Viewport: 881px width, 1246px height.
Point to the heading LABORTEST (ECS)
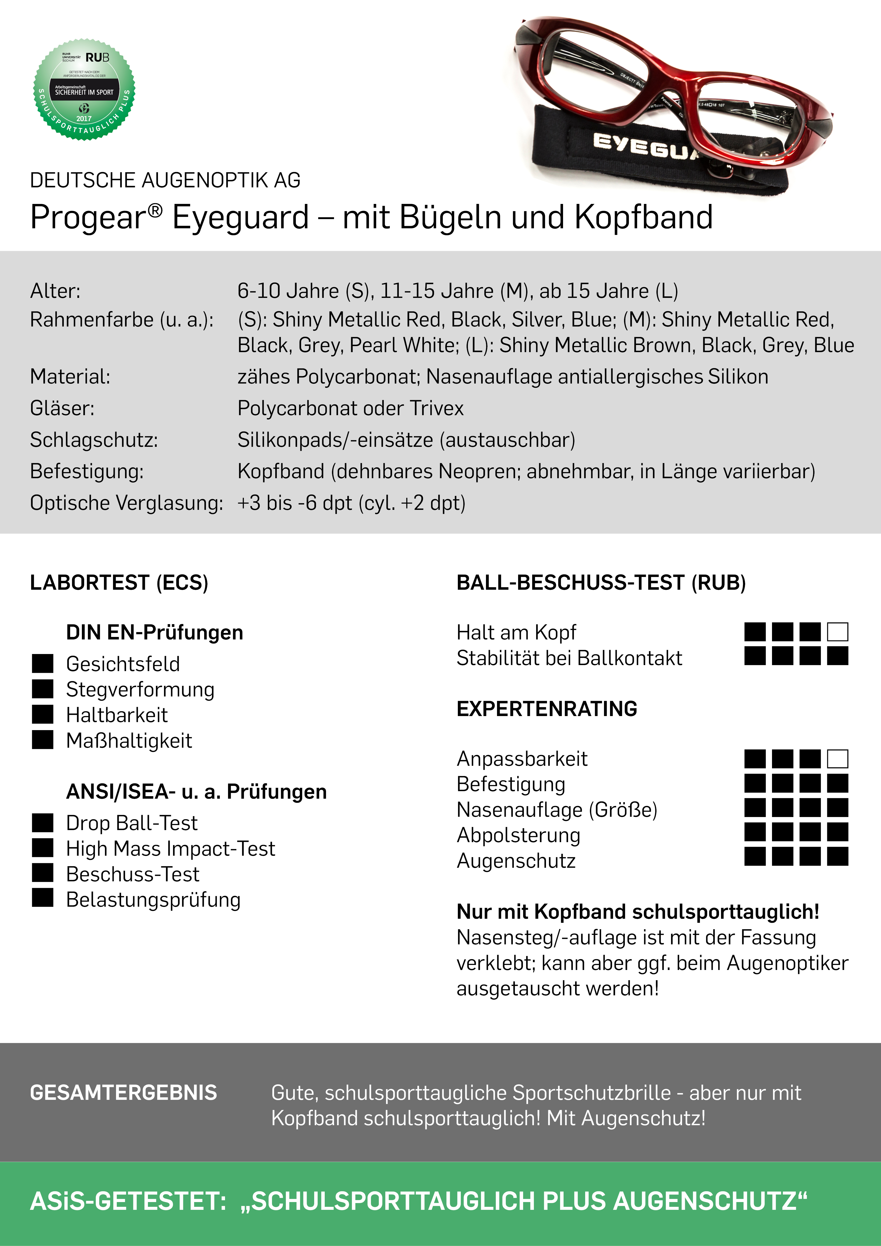click(x=119, y=582)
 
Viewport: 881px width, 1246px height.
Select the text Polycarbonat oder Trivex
click(x=350, y=408)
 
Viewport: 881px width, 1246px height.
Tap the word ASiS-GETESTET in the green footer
click(x=128, y=1201)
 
